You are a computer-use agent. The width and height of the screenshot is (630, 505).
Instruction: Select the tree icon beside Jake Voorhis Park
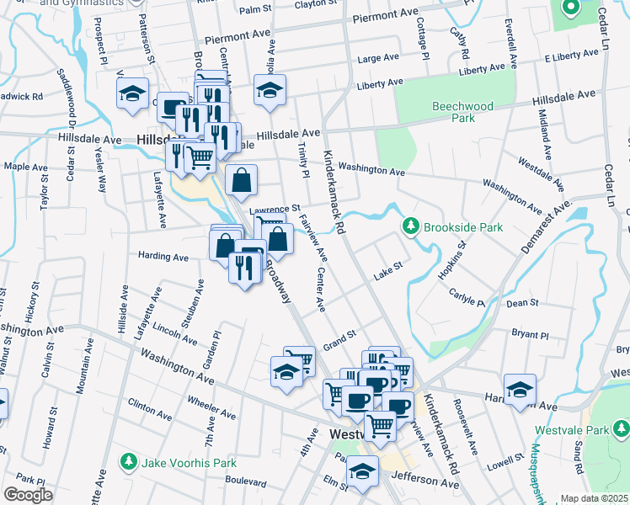tap(128, 461)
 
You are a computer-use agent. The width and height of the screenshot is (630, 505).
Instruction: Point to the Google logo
tap(28, 495)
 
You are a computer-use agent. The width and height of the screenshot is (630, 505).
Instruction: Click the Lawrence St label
tap(275, 209)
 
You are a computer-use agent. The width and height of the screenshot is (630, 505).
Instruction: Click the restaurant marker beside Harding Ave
tap(243, 268)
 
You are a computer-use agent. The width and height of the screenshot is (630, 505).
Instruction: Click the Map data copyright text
tap(595, 498)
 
